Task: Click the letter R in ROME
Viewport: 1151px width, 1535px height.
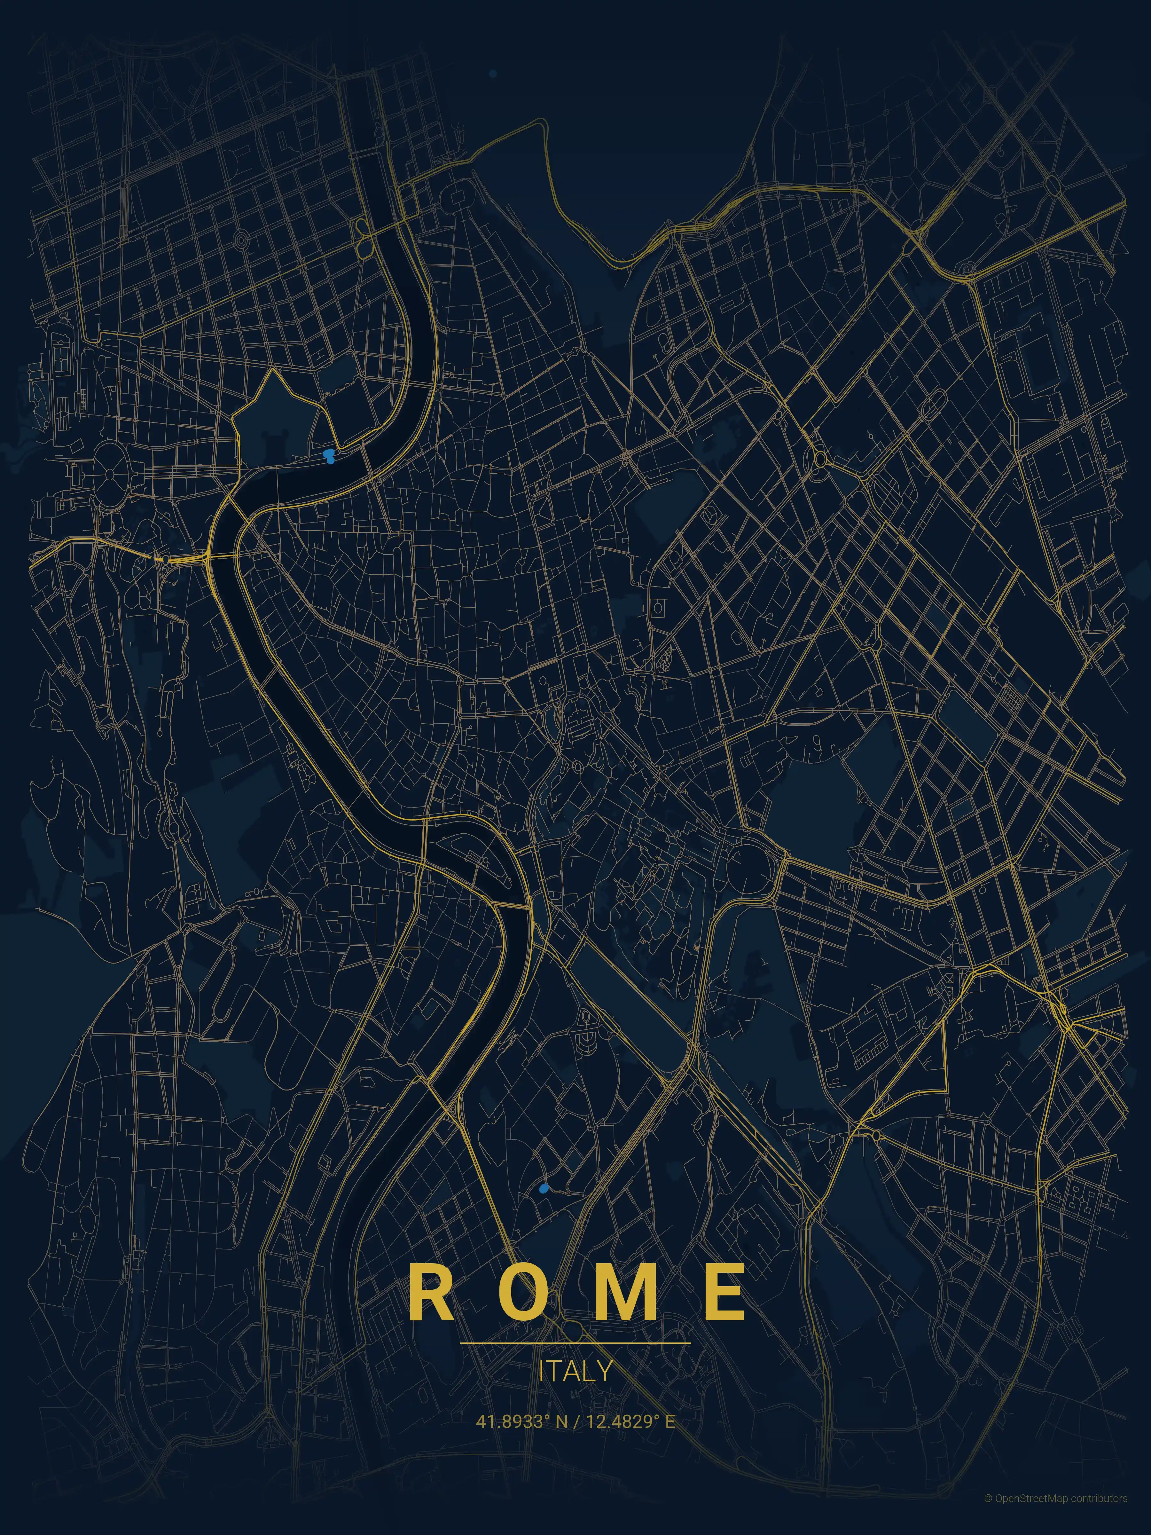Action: pos(432,1291)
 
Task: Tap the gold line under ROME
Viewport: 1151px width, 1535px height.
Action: pos(575,1343)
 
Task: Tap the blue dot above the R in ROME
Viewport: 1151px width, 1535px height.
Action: pos(543,1189)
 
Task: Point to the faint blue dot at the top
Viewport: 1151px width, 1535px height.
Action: pos(493,73)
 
